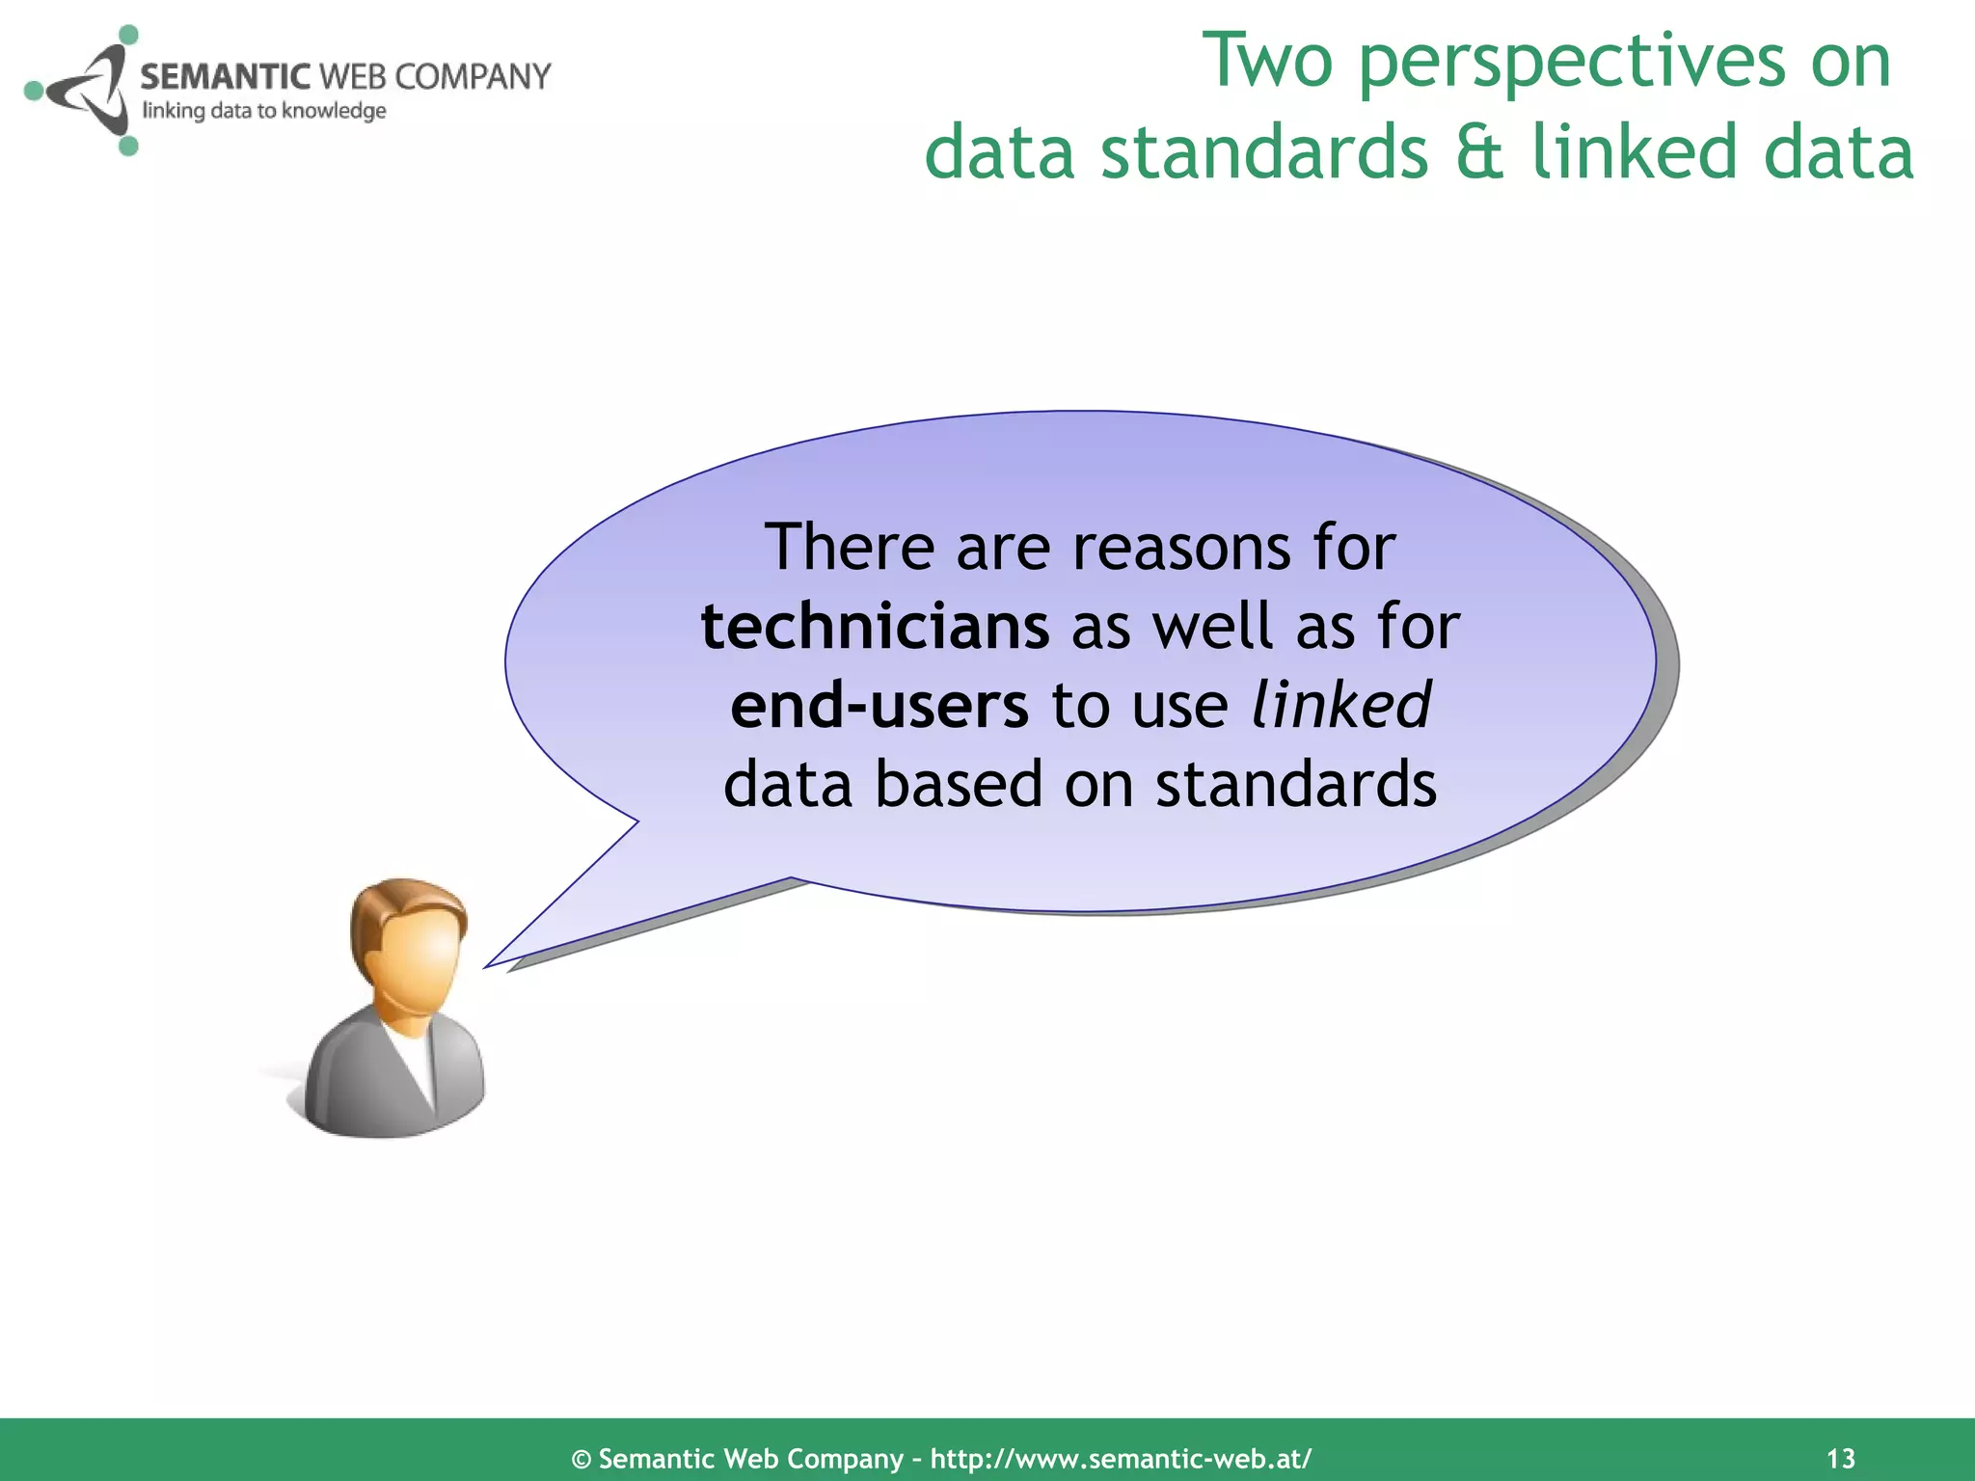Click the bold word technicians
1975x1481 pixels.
[x=874, y=627]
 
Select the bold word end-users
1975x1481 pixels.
[x=879, y=706]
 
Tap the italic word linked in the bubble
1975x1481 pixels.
[x=1339, y=705]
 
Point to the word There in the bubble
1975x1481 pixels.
[x=849, y=548]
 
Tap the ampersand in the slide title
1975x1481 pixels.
[x=1479, y=152]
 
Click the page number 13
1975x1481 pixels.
[x=1840, y=1458]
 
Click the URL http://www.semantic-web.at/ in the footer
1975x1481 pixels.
[x=1121, y=1458]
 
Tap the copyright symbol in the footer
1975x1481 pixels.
[x=581, y=1459]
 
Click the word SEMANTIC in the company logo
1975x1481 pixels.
[x=225, y=76]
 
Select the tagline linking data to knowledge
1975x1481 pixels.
[x=264, y=111]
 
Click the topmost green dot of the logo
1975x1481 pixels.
[x=127, y=36]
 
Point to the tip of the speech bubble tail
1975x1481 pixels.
[x=486, y=965]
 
